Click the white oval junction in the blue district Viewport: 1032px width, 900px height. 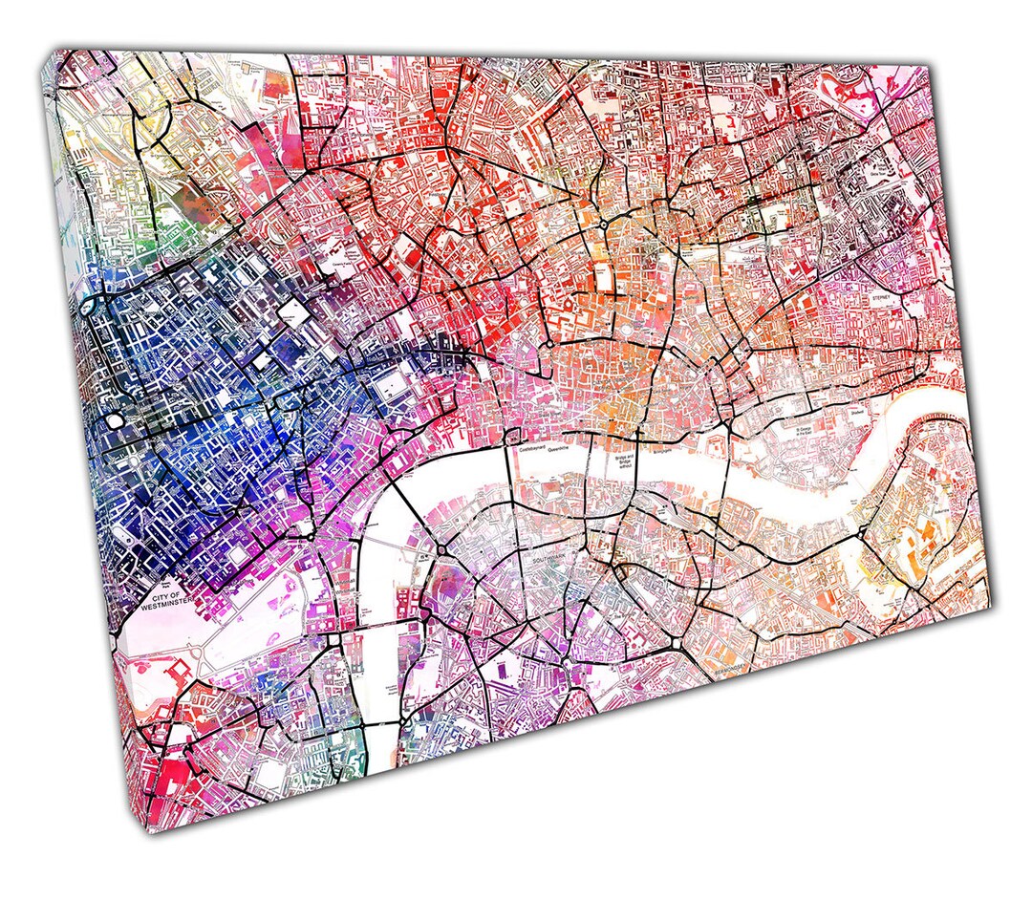pyautogui.click(x=115, y=420)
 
